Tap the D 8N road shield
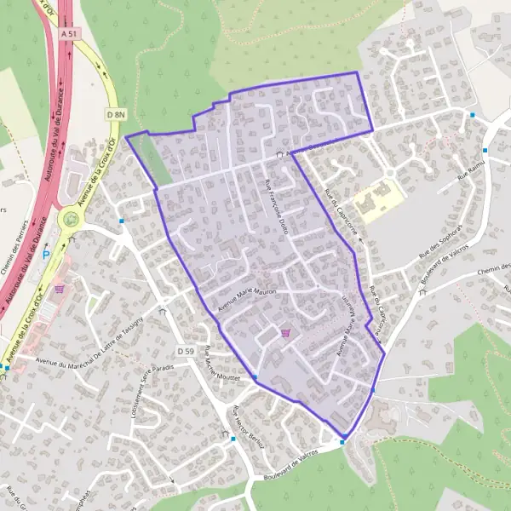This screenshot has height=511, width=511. pos(116,113)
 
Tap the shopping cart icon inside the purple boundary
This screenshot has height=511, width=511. pos(284,333)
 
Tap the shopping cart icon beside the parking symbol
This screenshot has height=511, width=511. pos(59,288)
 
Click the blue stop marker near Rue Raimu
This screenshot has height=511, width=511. pos(473,114)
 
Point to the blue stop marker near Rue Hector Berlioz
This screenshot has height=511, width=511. pos(233,439)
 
